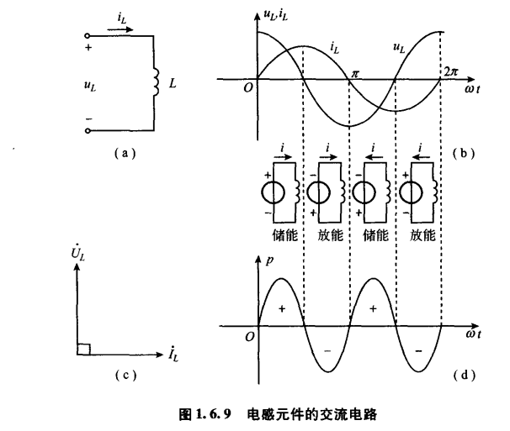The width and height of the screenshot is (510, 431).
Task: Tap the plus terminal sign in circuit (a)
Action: (x=88, y=48)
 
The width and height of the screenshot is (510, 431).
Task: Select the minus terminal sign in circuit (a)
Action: (x=88, y=118)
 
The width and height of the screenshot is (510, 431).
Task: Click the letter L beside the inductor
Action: (x=173, y=85)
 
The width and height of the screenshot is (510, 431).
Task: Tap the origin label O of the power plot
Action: (x=248, y=335)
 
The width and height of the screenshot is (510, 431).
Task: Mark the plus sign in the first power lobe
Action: (x=280, y=308)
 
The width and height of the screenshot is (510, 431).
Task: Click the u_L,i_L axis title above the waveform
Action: (x=275, y=13)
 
